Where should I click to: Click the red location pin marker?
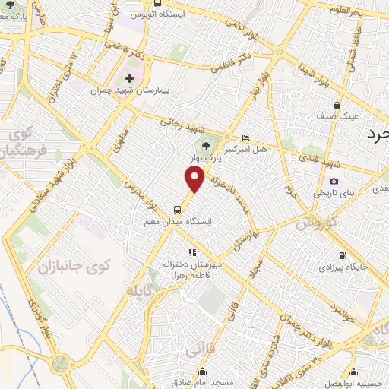pyautogui.click(x=196, y=180)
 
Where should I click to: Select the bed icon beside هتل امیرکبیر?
pyautogui.click(x=244, y=137)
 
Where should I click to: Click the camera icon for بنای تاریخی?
pyautogui.click(x=334, y=182)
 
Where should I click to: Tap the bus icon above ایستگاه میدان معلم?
pyautogui.click(x=176, y=209)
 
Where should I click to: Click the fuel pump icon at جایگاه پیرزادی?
pyautogui.click(x=344, y=255)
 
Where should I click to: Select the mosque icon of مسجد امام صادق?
pyautogui.click(x=203, y=372)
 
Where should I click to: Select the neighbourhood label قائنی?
pyautogui.click(x=195, y=350)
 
